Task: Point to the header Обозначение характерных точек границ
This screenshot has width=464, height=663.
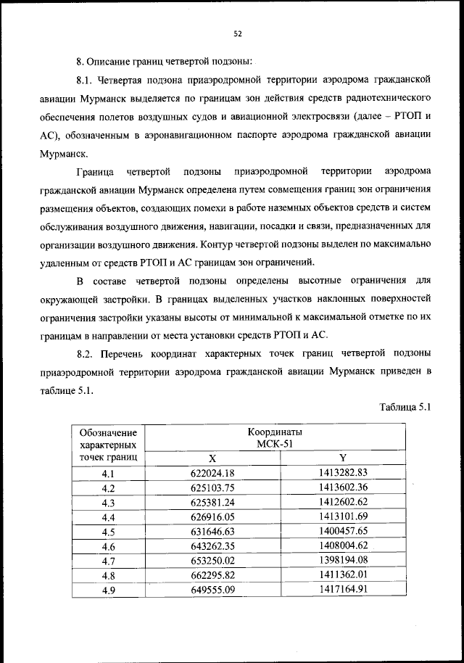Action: (x=109, y=445)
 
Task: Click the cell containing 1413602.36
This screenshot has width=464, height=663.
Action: (x=343, y=488)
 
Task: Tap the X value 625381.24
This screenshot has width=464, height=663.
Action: (x=212, y=503)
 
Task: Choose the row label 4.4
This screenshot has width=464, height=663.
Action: (x=109, y=517)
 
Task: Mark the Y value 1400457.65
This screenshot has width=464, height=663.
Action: (x=343, y=532)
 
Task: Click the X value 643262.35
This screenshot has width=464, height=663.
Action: (x=212, y=546)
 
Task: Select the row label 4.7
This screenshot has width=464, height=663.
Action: (x=109, y=561)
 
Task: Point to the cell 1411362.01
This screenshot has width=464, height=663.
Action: (x=343, y=575)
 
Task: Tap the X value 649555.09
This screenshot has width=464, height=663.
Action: (x=212, y=589)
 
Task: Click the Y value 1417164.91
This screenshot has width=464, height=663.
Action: (x=343, y=589)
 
